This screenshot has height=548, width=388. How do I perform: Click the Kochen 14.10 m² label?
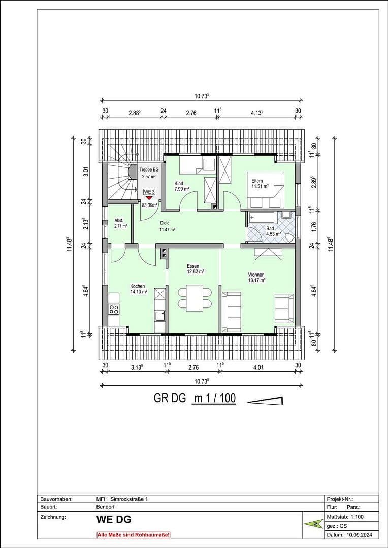(x=138, y=289)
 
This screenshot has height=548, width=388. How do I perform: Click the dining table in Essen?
(x=195, y=298)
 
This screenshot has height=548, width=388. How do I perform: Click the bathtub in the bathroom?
(x=262, y=219)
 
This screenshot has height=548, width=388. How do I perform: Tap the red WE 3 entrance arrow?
(x=149, y=198)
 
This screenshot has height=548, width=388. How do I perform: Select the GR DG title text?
(x=170, y=398)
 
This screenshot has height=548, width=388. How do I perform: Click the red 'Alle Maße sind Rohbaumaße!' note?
(x=134, y=535)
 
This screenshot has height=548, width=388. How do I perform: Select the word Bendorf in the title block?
(x=106, y=507)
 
